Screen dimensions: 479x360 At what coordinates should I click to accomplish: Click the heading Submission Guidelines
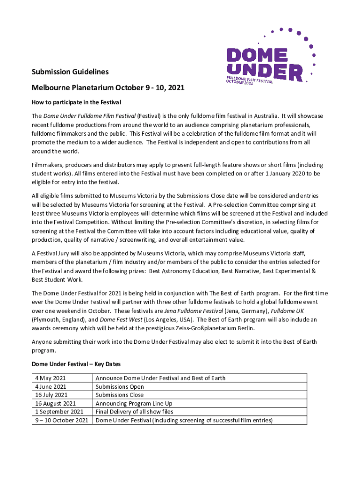tap(70, 72)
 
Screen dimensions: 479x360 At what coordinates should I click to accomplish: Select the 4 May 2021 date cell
tap(50, 378)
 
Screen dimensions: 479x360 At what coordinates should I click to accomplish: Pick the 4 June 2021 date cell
tap(50, 386)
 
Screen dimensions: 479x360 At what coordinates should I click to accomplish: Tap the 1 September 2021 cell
tap(58, 412)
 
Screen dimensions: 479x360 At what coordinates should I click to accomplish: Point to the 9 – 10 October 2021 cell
tap(61, 420)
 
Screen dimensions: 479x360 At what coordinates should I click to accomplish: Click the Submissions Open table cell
tap(120, 386)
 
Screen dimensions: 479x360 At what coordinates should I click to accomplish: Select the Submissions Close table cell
tap(120, 395)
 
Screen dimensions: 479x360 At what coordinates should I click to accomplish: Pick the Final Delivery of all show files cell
tap(134, 412)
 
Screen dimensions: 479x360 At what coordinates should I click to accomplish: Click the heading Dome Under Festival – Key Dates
tap(77, 363)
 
